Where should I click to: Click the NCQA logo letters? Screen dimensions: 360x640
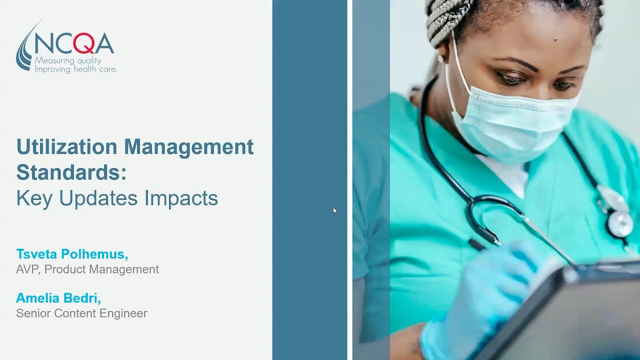74,43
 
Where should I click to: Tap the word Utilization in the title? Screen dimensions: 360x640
67,147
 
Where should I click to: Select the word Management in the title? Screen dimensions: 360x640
189,147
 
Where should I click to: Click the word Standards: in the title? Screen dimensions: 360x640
71,172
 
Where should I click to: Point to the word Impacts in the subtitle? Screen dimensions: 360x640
181,198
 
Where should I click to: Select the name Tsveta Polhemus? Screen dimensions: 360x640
72,254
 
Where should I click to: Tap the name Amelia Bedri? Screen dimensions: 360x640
58,298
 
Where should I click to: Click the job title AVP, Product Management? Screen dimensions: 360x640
87,269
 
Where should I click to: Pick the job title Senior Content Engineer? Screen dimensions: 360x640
81,313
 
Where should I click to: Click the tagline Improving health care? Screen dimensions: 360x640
75,69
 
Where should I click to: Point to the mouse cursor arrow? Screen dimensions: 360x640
334,210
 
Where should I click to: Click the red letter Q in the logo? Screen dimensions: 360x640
83,43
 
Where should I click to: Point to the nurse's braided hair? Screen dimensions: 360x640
450,20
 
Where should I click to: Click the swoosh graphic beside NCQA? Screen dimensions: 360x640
24,50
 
